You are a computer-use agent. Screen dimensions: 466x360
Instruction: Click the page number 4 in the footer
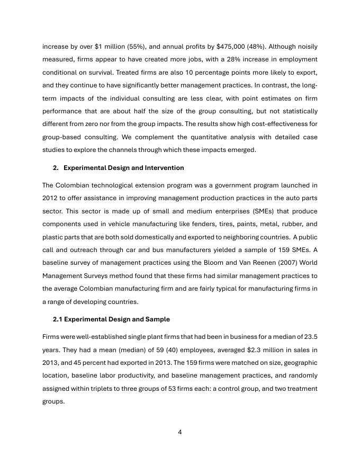[x=180, y=432]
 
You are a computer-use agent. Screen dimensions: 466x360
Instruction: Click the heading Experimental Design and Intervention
[x=123, y=168]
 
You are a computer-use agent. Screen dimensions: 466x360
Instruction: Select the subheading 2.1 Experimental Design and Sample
[x=111, y=319]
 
